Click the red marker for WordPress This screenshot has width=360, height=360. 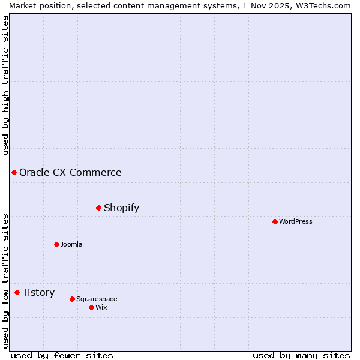coord(275,221)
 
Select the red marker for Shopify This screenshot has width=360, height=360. coord(98,208)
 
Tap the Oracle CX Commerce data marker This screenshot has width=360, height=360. coord(14,172)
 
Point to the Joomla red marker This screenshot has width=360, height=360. coord(56,244)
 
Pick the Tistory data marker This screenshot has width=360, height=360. coord(17,292)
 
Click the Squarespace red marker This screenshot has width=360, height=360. coord(72,299)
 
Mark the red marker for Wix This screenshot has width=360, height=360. coord(91,307)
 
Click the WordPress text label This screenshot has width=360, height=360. coord(296,221)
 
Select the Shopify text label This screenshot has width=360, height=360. coord(121,208)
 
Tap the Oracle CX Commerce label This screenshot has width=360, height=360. coord(70,172)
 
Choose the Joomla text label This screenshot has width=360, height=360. coord(71,244)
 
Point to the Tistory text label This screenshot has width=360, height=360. coord(38,292)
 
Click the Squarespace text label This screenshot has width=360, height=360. coord(97,299)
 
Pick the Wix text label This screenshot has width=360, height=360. coord(101,307)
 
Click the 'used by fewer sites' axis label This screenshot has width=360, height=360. coord(62,355)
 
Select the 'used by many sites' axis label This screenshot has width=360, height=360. coord(301,355)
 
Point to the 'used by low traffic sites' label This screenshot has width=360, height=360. coord(5,281)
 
